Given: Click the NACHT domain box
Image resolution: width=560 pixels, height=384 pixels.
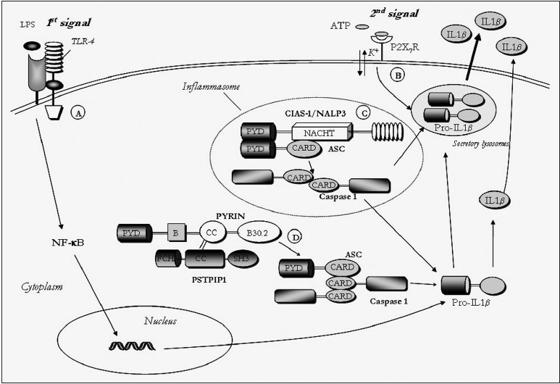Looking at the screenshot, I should pyautogui.click(x=320, y=133).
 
